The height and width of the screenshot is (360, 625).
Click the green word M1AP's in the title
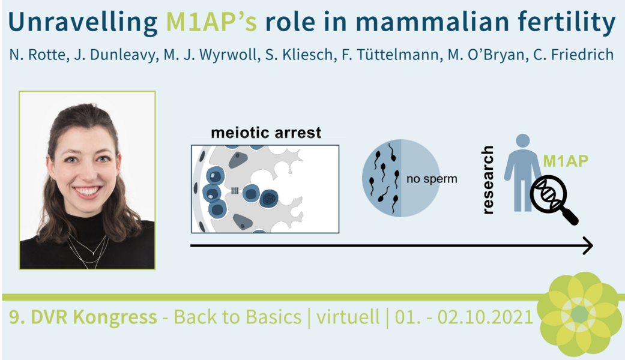pyautogui.click(x=211, y=22)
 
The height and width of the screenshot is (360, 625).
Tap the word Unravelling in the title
pyautogui.click(x=82, y=23)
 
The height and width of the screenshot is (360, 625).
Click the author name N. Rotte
pyautogui.click(x=37, y=55)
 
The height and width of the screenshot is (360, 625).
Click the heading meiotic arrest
pyautogui.click(x=266, y=132)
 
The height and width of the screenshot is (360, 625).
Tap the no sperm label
pyautogui.click(x=432, y=179)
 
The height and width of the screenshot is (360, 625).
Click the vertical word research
pyautogui.click(x=488, y=180)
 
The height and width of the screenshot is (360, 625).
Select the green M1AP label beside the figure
pyautogui.click(x=566, y=161)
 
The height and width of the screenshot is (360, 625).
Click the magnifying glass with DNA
pyautogui.click(x=553, y=199)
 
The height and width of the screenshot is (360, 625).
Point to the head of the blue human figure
pyautogui.click(x=522, y=140)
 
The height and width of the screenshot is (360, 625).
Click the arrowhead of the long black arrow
pyautogui.click(x=588, y=246)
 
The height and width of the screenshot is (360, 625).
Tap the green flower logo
pyautogui.click(x=580, y=314)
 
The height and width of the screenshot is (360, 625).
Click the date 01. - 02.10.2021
pyautogui.click(x=464, y=317)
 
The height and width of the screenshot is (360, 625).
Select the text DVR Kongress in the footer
pyautogui.click(x=94, y=317)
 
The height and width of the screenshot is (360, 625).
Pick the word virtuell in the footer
pyautogui.click(x=348, y=317)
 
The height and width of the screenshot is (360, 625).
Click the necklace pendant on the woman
pyautogui.click(x=93, y=253)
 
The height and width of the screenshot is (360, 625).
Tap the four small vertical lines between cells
pyautogui.click(x=235, y=191)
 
